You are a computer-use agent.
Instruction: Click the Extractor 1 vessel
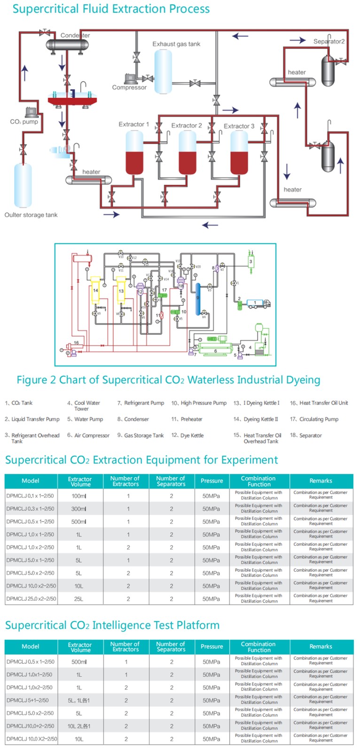134,153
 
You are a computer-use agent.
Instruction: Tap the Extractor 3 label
239,126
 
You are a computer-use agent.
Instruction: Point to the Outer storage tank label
31,215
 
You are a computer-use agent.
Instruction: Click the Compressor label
129,87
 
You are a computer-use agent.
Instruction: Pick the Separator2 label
329,41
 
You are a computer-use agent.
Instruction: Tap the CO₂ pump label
24,122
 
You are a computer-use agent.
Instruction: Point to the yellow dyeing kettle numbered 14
95,291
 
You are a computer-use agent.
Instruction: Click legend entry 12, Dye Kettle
188,435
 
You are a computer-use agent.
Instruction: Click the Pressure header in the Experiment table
212,481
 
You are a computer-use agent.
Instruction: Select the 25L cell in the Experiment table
79,599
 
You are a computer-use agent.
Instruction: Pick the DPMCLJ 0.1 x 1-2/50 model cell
31,496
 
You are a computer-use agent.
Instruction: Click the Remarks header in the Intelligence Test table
321,647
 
